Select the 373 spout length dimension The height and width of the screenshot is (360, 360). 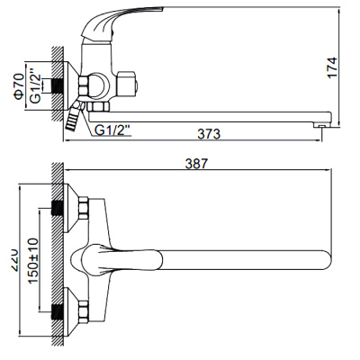pyautogui.click(x=210, y=134)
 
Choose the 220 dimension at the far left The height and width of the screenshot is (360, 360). pyautogui.click(x=12, y=256)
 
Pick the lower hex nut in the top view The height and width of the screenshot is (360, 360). pyautogui.click(x=79, y=313)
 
